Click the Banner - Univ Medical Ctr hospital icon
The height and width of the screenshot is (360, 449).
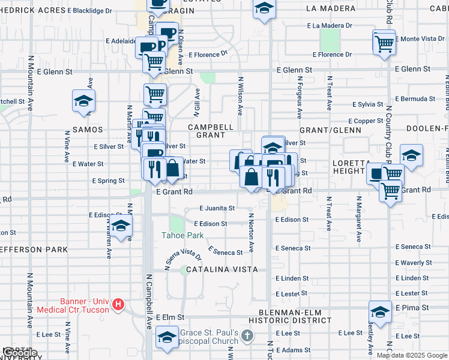[x=119, y=305]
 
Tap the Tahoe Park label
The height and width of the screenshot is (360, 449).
[x=184, y=235]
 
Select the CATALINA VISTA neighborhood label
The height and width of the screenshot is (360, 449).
[x=222, y=270]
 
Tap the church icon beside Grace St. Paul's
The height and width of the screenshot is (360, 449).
[x=247, y=338]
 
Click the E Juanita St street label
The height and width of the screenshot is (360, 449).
[x=217, y=208]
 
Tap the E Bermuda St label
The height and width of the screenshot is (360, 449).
[x=414, y=98]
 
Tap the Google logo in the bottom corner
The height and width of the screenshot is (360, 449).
[x=20, y=353]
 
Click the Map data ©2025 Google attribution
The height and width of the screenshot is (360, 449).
[x=412, y=355]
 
